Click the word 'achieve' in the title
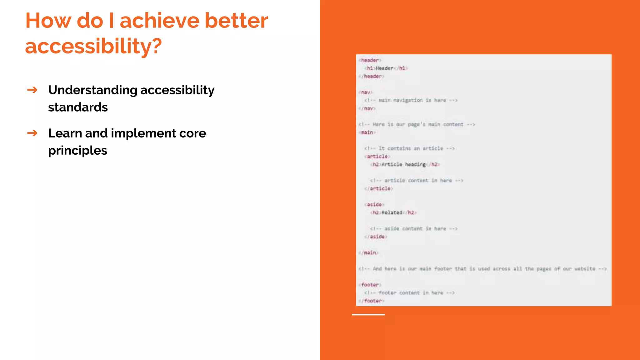point(159,21)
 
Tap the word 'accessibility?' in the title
point(93,46)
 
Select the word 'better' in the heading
point(236,21)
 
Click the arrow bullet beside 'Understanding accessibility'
point(32,90)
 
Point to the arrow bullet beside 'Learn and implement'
point(32,133)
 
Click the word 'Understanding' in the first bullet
point(92,90)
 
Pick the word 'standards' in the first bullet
point(78,107)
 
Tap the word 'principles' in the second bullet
point(77,151)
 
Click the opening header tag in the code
point(370,60)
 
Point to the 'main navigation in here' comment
point(411,100)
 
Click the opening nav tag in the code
point(365,92)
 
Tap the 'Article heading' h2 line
point(405,164)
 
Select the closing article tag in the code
point(379,188)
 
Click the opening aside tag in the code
point(374,204)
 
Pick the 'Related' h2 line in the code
point(393,212)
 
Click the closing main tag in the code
point(368,252)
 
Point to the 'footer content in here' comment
point(409,293)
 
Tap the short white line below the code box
point(368,315)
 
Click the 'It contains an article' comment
point(409,148)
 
